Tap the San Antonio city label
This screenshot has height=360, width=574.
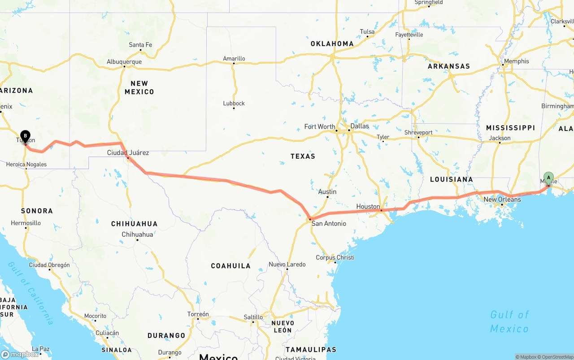(x=329, y=223)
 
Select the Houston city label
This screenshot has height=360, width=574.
(x=368, y=207)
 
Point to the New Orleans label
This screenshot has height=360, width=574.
(x=502, y=200)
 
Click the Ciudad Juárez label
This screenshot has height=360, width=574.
(x=128, y=153)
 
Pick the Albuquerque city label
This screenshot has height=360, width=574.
(x=124, y=62)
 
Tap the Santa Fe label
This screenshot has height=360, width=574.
(x=140, y=45)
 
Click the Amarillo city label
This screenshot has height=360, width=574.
(x=234, y=59)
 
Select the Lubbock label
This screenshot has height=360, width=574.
(x=234, y=104)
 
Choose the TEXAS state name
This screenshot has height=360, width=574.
(x=303, y=156)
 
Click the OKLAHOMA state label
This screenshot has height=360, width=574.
(x=332, y=44)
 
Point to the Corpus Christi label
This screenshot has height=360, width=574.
(x=335, y=257)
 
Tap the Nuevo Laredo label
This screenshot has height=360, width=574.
(x=287, y=265)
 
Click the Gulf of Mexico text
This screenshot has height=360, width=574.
(x=509, y=321)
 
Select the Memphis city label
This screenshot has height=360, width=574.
(x=516, y=61)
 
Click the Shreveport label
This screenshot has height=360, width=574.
(x=418, y=133)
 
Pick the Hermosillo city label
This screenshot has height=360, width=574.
(x=26, y=223)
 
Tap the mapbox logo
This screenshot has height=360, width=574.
(x=20, y=354)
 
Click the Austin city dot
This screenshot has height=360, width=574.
(x=328, y=197)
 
